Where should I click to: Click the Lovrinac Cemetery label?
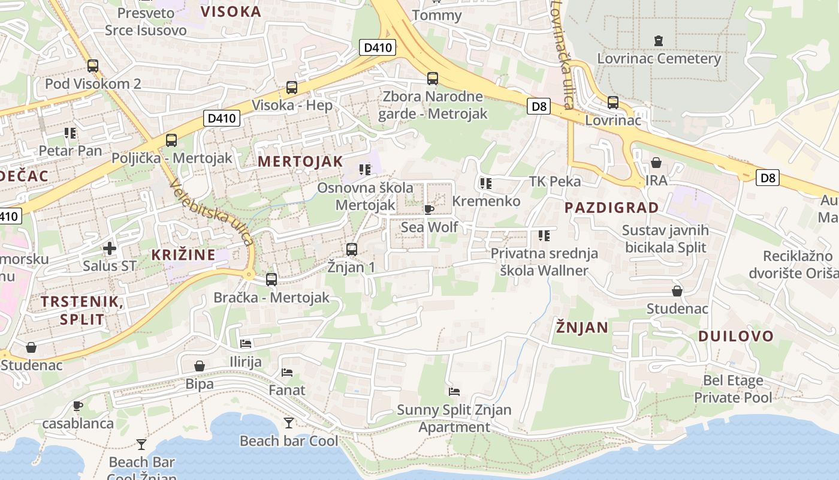coord(659,59)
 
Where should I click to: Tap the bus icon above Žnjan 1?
coord(352,249)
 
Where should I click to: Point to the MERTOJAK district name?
coord(300,161)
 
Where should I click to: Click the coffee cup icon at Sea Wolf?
coord(428,209)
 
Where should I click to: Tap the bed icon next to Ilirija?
coord(246,344)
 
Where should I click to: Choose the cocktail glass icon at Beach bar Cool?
coord(288,423)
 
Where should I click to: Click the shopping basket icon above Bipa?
coord(200,365)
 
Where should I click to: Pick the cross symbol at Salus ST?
coord(109,248)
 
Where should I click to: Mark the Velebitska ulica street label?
coord(211,212)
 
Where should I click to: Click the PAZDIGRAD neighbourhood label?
coord(611,208)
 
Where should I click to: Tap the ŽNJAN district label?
coord(581,327)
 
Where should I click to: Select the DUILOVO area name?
coord(736,336)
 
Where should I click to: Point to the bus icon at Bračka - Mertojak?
coord(271,279)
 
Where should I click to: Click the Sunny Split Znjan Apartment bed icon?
coord(454,392)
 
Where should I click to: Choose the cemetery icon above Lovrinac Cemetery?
coord(659,41)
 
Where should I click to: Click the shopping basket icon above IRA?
coord(656,163)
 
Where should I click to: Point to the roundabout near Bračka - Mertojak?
coord(249,275)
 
